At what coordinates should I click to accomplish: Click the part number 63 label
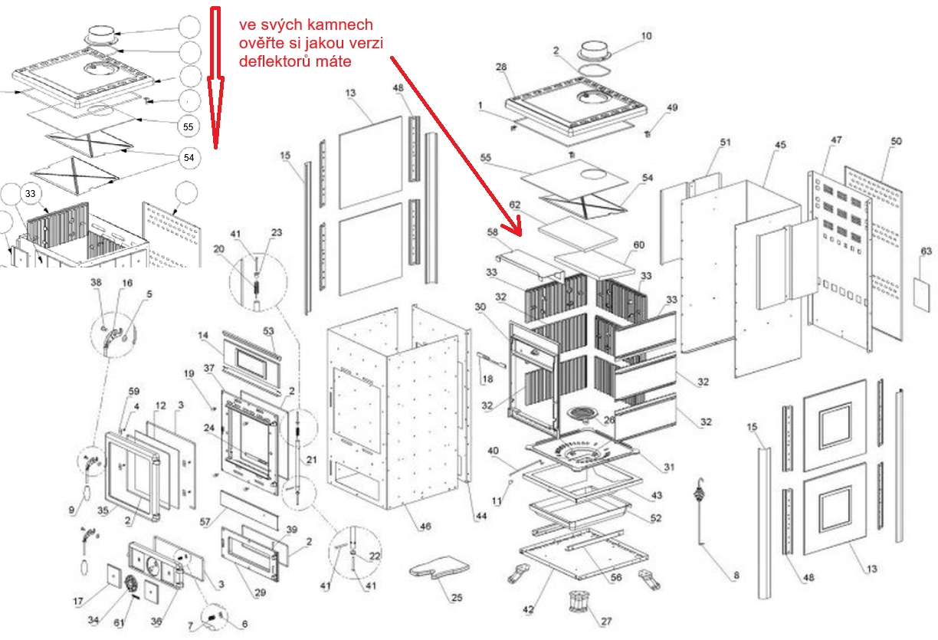click(x=927, y=251)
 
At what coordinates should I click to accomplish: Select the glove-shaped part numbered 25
click(x=438, y=569)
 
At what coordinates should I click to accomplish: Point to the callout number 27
click(x=607, y=622)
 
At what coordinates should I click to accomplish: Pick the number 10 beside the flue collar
click(x=646, y=36)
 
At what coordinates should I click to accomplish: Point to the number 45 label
click(x=780, y=145)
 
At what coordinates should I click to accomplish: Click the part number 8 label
click(x=736, y=575)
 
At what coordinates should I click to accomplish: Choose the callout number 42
click(x=527, y=609)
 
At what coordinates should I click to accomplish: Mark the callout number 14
click(x=203, y=336)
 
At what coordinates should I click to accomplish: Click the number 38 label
click(x=96, y=282)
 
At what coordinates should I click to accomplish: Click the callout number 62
click(x=514, y=205)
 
